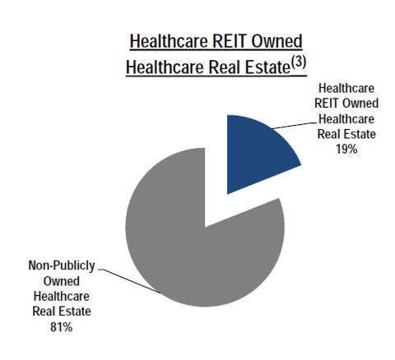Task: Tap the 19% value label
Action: [346, 150]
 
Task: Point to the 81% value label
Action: [62, 327]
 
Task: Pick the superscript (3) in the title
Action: [298, 62]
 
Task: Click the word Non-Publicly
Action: [62, 265]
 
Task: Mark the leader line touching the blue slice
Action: [294, 126]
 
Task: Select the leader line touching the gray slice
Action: [129, 281]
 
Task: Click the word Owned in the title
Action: [276, 41]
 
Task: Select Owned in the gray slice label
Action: [62, 281]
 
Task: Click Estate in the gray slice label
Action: [75, 312]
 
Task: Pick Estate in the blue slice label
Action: [360, 134]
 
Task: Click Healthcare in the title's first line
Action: [169, 41]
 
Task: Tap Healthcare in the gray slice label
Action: [62, 297]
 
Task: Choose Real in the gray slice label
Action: [44, 312]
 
